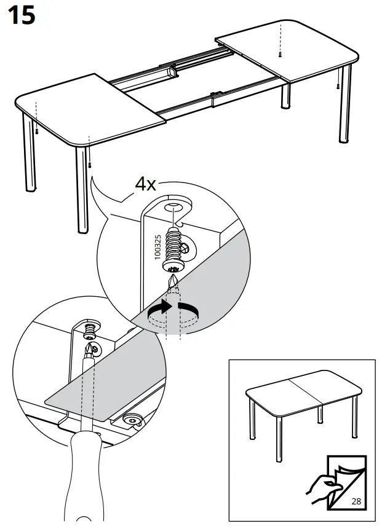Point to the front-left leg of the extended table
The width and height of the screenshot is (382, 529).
click(x=81, y=190)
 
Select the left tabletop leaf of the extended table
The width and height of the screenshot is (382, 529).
click(x=92, y=111)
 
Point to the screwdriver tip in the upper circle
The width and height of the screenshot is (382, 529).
click(x=173, y=283)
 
